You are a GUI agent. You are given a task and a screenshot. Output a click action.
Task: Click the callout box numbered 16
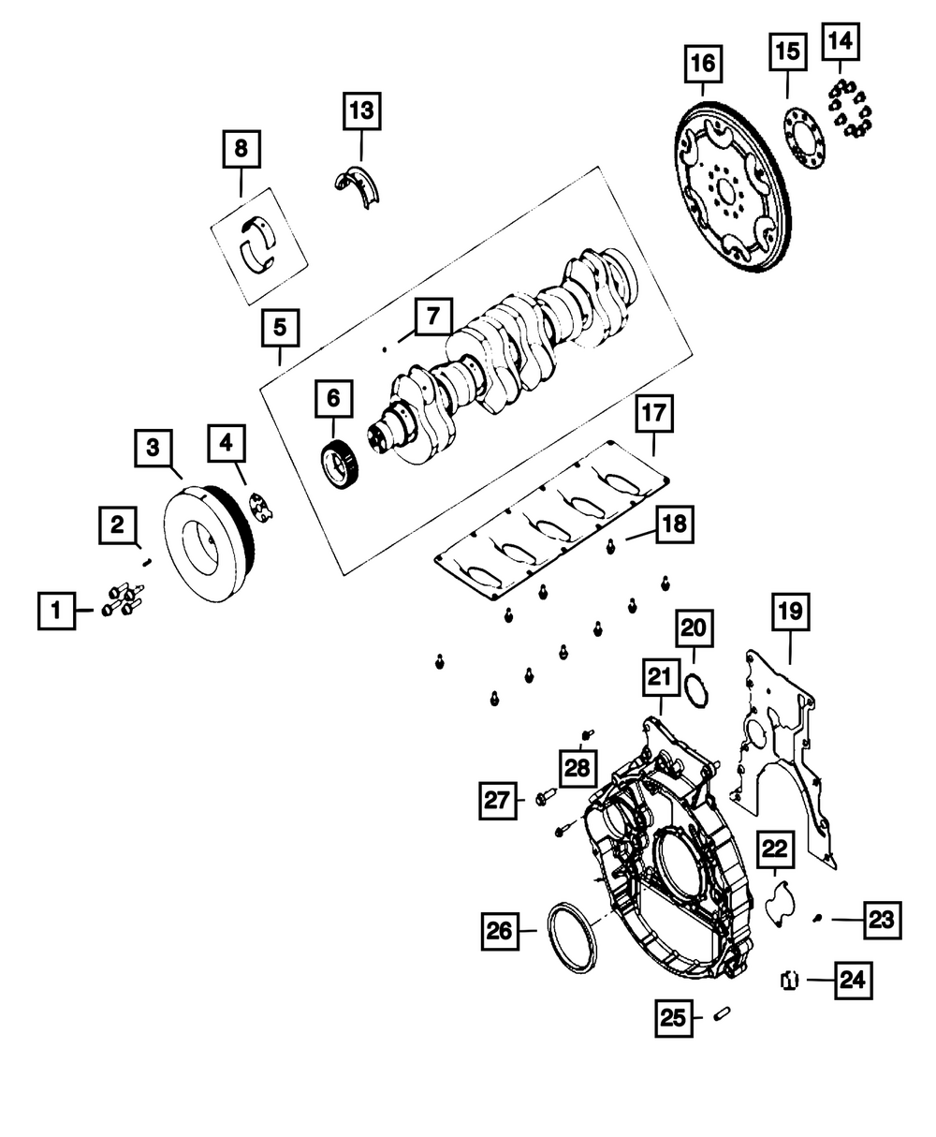703,64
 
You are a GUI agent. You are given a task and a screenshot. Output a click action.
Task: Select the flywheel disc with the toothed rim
731,185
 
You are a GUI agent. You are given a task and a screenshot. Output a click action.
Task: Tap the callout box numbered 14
841,41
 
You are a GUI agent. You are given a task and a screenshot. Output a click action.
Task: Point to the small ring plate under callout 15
804,139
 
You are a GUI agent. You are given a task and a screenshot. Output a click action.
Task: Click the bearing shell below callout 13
358,185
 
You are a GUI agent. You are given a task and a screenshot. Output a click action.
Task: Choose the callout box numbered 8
241,149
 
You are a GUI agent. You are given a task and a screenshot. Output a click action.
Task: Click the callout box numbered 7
433,317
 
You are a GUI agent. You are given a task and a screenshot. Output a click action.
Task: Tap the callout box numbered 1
56,611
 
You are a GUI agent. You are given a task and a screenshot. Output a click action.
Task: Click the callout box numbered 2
118,525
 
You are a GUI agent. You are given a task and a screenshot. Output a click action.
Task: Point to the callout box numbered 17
654,414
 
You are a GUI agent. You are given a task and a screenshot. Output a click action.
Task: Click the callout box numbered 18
675,524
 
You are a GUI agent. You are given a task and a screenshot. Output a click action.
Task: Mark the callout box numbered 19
791,613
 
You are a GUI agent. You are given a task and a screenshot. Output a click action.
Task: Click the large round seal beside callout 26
572,938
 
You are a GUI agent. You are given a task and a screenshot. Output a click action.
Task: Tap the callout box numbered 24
854,981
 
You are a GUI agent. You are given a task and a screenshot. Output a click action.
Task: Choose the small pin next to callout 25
722,1012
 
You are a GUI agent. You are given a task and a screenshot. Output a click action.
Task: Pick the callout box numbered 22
775,849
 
